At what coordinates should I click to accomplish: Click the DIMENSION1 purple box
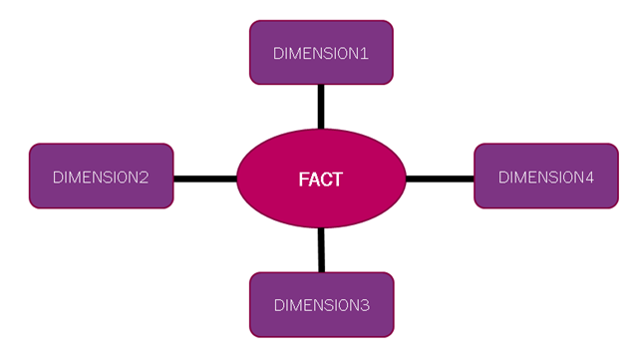[321, 52]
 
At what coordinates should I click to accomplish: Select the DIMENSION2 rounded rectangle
[101, 177]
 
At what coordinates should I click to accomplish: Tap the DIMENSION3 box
[321, 304]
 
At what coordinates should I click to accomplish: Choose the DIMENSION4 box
[546, 177]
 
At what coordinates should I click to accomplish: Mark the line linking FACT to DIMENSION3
[321, 250]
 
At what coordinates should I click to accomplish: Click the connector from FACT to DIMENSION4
[440, 179]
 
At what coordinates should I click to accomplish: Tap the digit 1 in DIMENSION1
[365, 54]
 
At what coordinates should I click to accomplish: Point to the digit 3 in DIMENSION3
[364, 305]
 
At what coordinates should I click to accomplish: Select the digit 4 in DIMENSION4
[589, 179]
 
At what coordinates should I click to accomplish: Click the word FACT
[321, 180]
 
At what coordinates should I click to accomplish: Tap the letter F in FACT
[303, 180]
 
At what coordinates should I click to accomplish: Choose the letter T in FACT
[338, 180]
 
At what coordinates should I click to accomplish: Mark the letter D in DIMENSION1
[279, 54]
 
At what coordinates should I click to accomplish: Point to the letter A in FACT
[314, 180]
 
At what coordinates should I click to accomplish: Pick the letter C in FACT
[326, 180]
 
